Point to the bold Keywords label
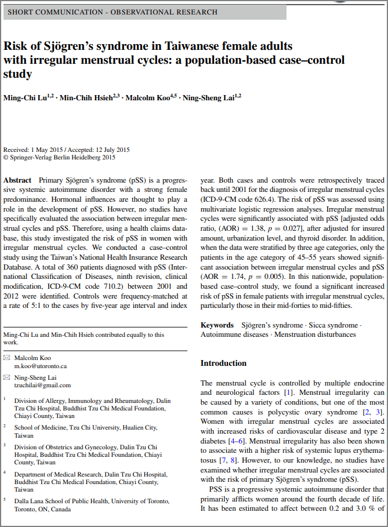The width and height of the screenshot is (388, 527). click(x=217, y=325)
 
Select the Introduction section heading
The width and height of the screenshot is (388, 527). click(x=223, y=364)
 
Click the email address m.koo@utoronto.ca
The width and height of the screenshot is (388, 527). click(x=41, y=366)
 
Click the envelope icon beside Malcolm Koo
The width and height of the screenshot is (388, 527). click(x=6, y=358)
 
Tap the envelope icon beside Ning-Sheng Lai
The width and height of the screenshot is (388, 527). click(x=6, y=377)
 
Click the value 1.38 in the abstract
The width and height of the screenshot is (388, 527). click(x=258, y=230)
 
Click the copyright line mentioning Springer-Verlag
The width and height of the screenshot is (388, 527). click(x=60, y=157)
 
